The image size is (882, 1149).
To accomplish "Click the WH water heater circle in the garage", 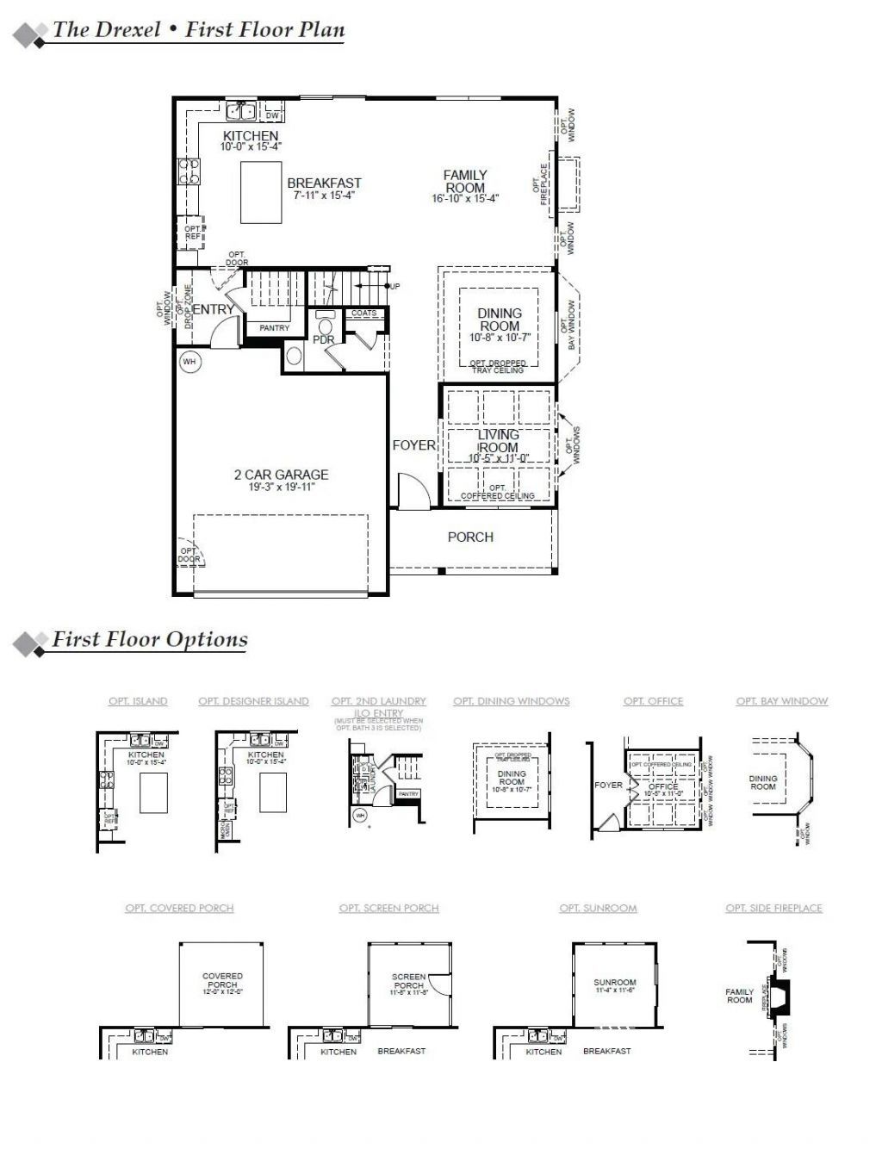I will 189,363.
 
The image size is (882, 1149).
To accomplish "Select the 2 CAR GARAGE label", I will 281,475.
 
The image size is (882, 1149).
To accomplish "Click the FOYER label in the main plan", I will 414,445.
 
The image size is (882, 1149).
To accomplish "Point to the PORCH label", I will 470,537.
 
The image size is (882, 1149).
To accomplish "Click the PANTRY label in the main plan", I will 275,328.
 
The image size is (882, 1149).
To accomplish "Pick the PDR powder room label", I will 323,340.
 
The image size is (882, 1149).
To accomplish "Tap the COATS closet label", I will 364,314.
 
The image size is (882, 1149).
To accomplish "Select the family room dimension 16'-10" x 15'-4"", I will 465,199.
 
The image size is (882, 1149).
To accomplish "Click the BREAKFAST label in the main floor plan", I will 324,183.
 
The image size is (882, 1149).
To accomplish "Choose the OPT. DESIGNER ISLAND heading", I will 253,701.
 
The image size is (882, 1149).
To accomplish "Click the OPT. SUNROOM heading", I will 598,908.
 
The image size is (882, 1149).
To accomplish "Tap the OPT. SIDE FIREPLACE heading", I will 773,908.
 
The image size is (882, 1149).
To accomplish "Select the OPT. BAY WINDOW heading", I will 781,701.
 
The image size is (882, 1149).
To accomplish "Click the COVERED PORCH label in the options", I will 222,980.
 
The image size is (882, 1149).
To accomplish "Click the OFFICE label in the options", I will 663,786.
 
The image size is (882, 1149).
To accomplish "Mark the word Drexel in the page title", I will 127,30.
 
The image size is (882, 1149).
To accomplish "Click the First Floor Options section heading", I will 150,640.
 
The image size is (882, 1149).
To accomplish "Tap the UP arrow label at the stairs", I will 394,286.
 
